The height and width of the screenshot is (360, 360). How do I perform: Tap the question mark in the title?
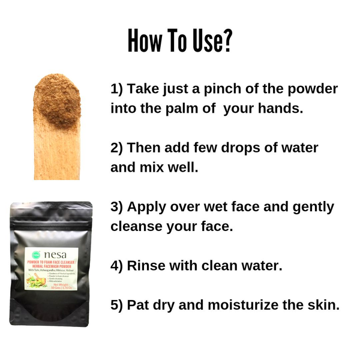(x=227, y=41)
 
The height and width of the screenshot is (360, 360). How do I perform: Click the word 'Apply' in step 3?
(x=147, y=206)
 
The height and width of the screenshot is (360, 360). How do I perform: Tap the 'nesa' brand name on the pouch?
(x=55, y=254)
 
